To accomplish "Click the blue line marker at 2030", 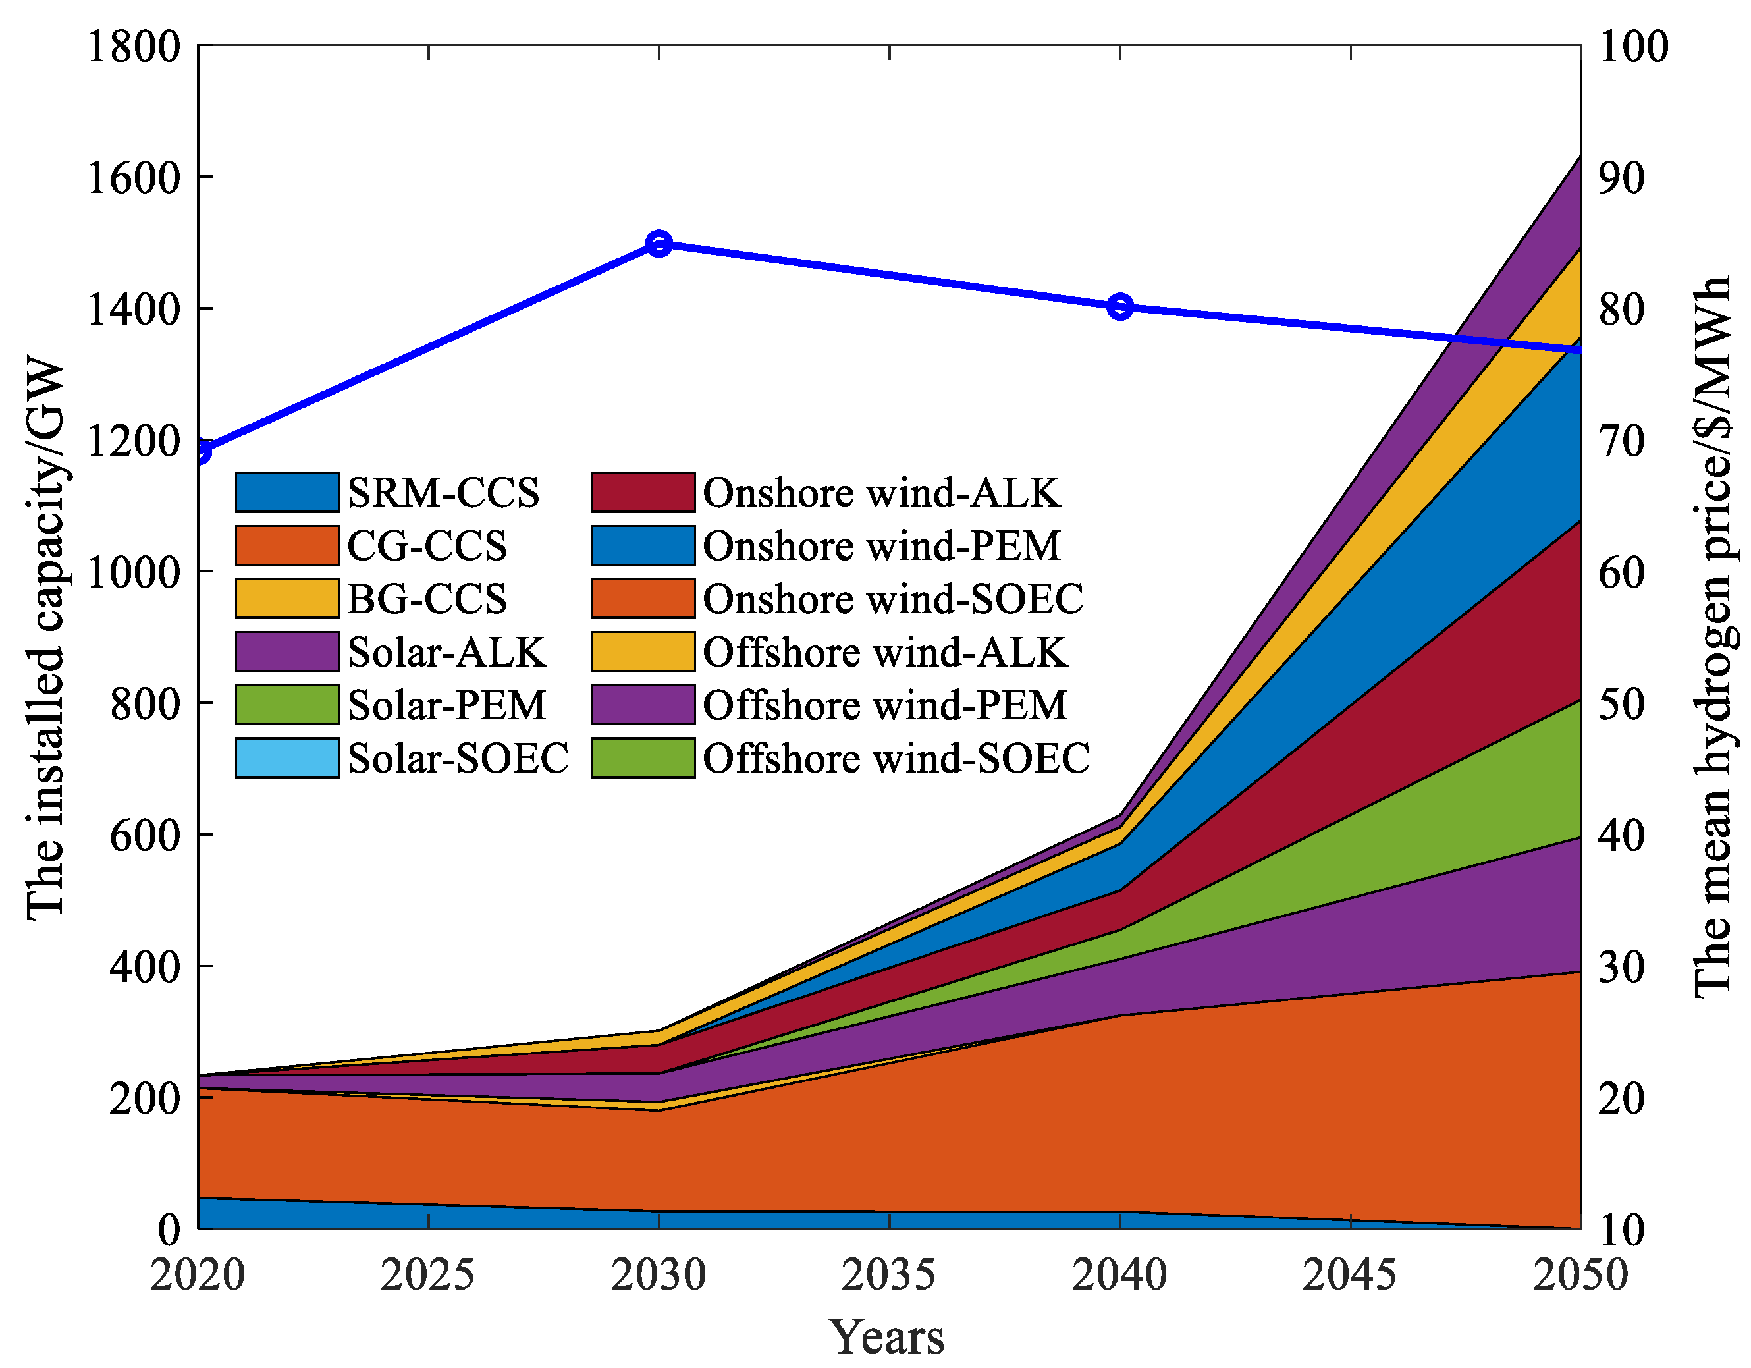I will click(x=659, y=244).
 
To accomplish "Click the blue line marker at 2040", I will click(x=1120, y=306).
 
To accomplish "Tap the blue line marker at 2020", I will click(x=200, y=451).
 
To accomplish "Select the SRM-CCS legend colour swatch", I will click(x=287, y=493).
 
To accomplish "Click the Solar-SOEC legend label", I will click(x=458, y=759).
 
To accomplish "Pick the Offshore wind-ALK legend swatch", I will click(x=643, y=652).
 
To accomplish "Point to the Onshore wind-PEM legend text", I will click(x=882, y=546).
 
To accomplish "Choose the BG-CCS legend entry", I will click(x=427, y=599).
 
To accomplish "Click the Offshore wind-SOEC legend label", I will click(x=896, y=759).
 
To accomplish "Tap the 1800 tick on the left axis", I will click(x=134, y=47).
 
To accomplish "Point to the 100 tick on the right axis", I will click(x=1633, y=47).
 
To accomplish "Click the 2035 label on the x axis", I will click(x=888, y=1275).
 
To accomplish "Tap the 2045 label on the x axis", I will click(x=1349, y=1275).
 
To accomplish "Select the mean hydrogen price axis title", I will click(x=1713, y=638).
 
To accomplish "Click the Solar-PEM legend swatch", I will click(x=287, y=705).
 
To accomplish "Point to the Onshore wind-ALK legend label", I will click(x=882, y=493).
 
